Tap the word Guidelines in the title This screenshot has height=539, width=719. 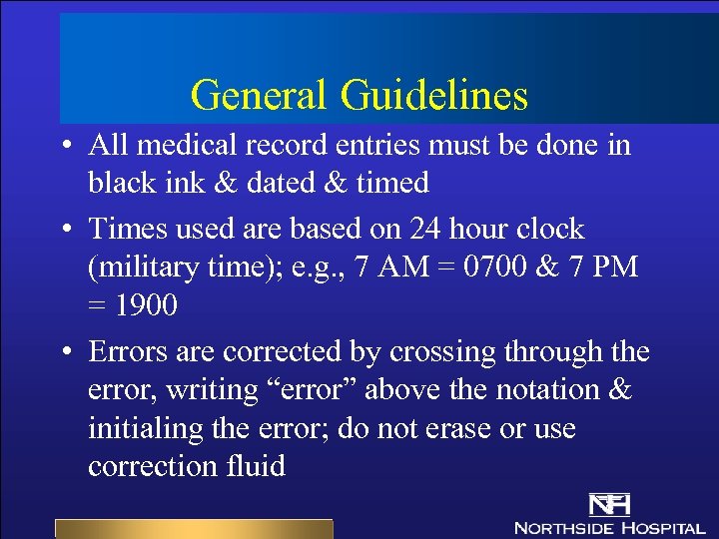coord(433,96)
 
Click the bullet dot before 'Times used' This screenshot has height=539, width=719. coord(63,231)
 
